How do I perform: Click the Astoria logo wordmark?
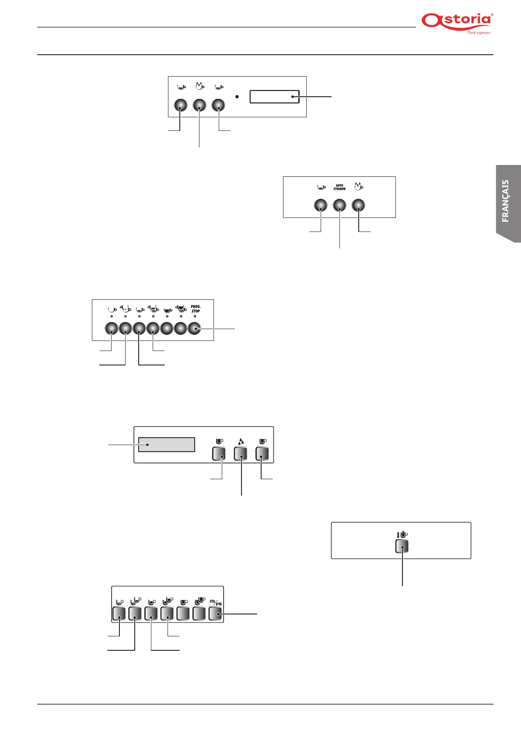coord(457,21)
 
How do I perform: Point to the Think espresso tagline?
coord(479,33)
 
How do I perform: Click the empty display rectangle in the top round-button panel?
coord(274,97)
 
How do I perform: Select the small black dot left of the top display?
coord(237,96)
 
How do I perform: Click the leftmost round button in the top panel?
coord(181,105)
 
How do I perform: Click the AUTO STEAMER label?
coord(339,187)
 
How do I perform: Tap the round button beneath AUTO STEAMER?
coord(339,205)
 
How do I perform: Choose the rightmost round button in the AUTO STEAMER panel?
coord(358,205)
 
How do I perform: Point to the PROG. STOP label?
coord(196,309)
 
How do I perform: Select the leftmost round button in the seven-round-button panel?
coord(112,329)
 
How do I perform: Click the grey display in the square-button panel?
coord(167,445)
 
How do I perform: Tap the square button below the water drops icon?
coord(241,454)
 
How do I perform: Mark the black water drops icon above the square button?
coord(241,442)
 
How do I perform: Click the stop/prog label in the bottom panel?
coord(216,602)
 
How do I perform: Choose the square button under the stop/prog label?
coord(215,614)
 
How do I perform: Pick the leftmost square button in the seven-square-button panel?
coord(119,614)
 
